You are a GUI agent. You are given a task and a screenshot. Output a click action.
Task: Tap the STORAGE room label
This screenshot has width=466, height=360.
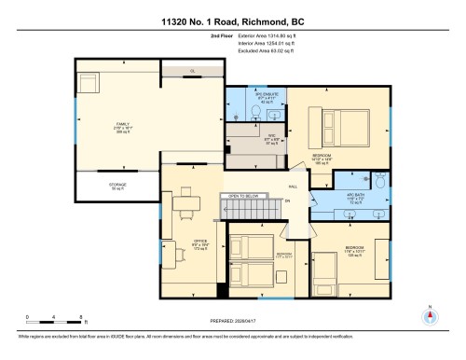117,187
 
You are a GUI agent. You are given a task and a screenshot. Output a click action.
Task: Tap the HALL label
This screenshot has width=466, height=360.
293,187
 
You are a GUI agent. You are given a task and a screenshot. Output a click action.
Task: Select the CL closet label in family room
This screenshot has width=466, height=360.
190,69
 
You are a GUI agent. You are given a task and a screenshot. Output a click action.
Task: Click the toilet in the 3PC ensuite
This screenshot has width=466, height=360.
257,111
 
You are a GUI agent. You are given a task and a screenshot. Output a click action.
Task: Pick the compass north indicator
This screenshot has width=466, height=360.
430,314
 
